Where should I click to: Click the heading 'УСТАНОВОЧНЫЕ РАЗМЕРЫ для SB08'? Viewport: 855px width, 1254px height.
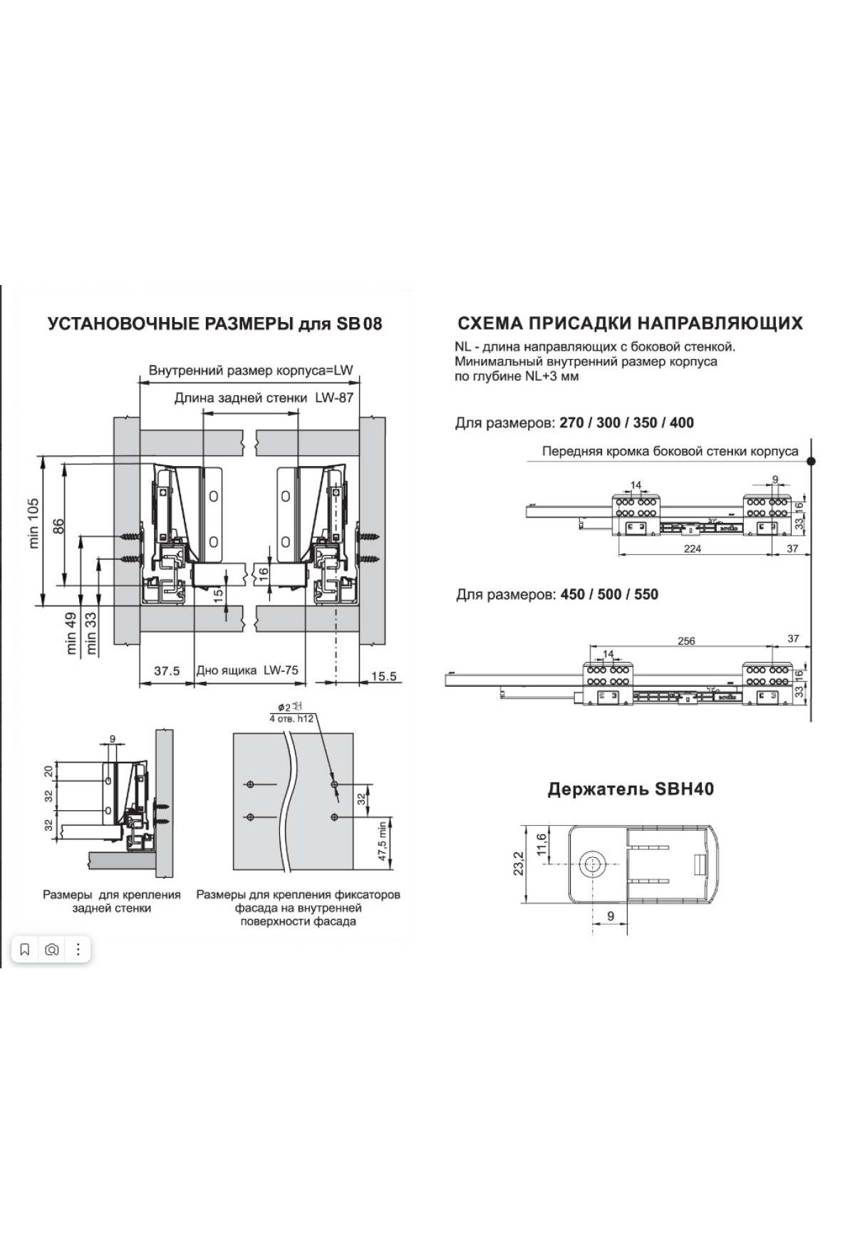[214, 324]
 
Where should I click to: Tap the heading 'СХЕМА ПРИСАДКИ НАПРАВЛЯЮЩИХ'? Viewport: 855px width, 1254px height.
[630, 323]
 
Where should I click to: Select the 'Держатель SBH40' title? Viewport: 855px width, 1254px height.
[631, 789]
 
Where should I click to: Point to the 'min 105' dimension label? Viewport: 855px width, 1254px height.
[33, 523]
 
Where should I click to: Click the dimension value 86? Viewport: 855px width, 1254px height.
[58, 525]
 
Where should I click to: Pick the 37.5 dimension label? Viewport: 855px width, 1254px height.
[167, 671]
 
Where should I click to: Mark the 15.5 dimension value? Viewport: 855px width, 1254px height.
[383, 675]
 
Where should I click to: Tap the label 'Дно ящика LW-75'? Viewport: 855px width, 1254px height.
[247, 670]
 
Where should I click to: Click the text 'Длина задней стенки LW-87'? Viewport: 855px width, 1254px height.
[264, 398]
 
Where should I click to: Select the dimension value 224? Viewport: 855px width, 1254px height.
[692, 549]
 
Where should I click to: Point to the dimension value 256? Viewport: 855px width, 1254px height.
[685, 641]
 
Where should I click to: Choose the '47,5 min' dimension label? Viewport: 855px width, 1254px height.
[383, 841]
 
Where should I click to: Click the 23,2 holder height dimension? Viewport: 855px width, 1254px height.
[518, 863]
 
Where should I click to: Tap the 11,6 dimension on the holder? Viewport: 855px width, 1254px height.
[541, 844]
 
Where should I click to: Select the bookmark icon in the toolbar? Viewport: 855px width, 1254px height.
[25, 950]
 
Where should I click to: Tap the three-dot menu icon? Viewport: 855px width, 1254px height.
[78, 950]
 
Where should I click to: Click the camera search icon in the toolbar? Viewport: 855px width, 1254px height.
[51, 950]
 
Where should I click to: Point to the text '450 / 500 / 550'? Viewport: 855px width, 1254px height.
[609, 594]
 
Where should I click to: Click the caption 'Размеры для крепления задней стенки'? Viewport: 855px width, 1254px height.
[112, 901]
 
